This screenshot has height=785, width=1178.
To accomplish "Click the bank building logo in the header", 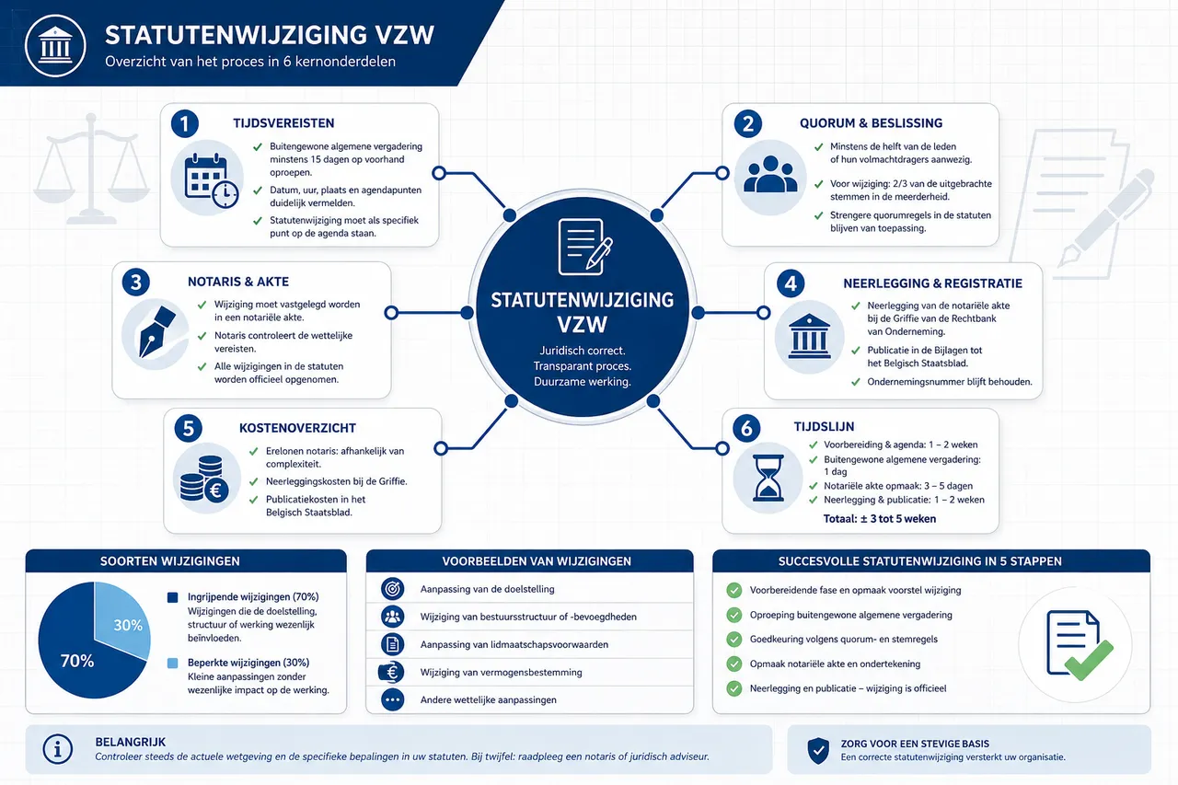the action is pos(55,46).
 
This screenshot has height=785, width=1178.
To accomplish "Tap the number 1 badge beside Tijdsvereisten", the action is pos(185,123).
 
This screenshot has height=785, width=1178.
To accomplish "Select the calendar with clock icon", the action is pos(211,180).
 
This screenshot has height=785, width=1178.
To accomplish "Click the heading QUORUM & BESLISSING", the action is pos(871,123).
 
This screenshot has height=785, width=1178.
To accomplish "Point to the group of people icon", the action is pos(770,174).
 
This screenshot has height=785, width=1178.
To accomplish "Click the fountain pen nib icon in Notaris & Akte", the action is pos(156,331).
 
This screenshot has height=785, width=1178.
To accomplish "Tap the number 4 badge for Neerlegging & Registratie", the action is pos(791,284).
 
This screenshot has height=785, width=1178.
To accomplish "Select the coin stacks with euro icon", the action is pos(204,479).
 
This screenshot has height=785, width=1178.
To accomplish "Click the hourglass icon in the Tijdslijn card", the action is pos(768,478).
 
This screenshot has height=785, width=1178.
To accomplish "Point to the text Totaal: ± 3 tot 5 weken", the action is pos(879,519).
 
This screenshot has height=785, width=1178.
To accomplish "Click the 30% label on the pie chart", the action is pos(128,625).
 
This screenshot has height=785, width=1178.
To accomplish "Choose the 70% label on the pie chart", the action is pos(76,661).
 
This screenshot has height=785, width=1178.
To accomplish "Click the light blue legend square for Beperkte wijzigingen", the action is pos(172,663).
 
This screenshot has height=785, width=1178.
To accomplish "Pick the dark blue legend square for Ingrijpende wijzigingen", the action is pos(172,597).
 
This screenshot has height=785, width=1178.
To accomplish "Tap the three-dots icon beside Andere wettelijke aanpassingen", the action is pos(392,699).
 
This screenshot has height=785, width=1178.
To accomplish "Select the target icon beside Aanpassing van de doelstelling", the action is pos(392,589).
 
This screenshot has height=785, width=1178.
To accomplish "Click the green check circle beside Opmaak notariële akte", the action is pos(734,664).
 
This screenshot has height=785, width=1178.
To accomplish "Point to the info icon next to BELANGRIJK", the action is pos(57,749).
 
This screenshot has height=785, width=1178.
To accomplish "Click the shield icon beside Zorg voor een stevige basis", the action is pos(818,750).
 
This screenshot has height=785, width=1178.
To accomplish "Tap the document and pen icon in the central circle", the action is pos(584,247).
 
